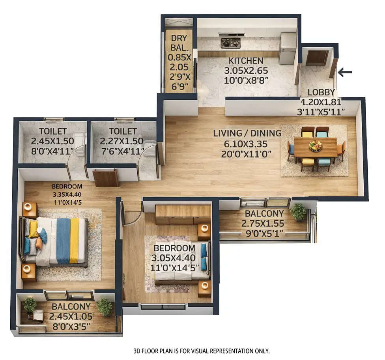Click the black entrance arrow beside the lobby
(x=345, y=72)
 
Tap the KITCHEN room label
(x=246, y=61)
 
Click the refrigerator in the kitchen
(x=287, y=48)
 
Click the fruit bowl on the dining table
(x=316, y=146)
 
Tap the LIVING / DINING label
(x=247, y=133)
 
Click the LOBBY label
(x=321, y=93)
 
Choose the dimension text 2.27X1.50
(x=121, y=141)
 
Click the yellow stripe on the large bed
(x=74, y=241)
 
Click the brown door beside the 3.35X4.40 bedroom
(x=106, y=177)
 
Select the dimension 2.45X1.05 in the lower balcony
(x=71, y=316)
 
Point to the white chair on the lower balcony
(x=38, y=315)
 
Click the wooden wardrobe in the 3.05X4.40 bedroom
(x=183, y=215)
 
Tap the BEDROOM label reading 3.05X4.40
(x=174, y=248)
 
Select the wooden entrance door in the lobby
(x=317, y=58)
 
